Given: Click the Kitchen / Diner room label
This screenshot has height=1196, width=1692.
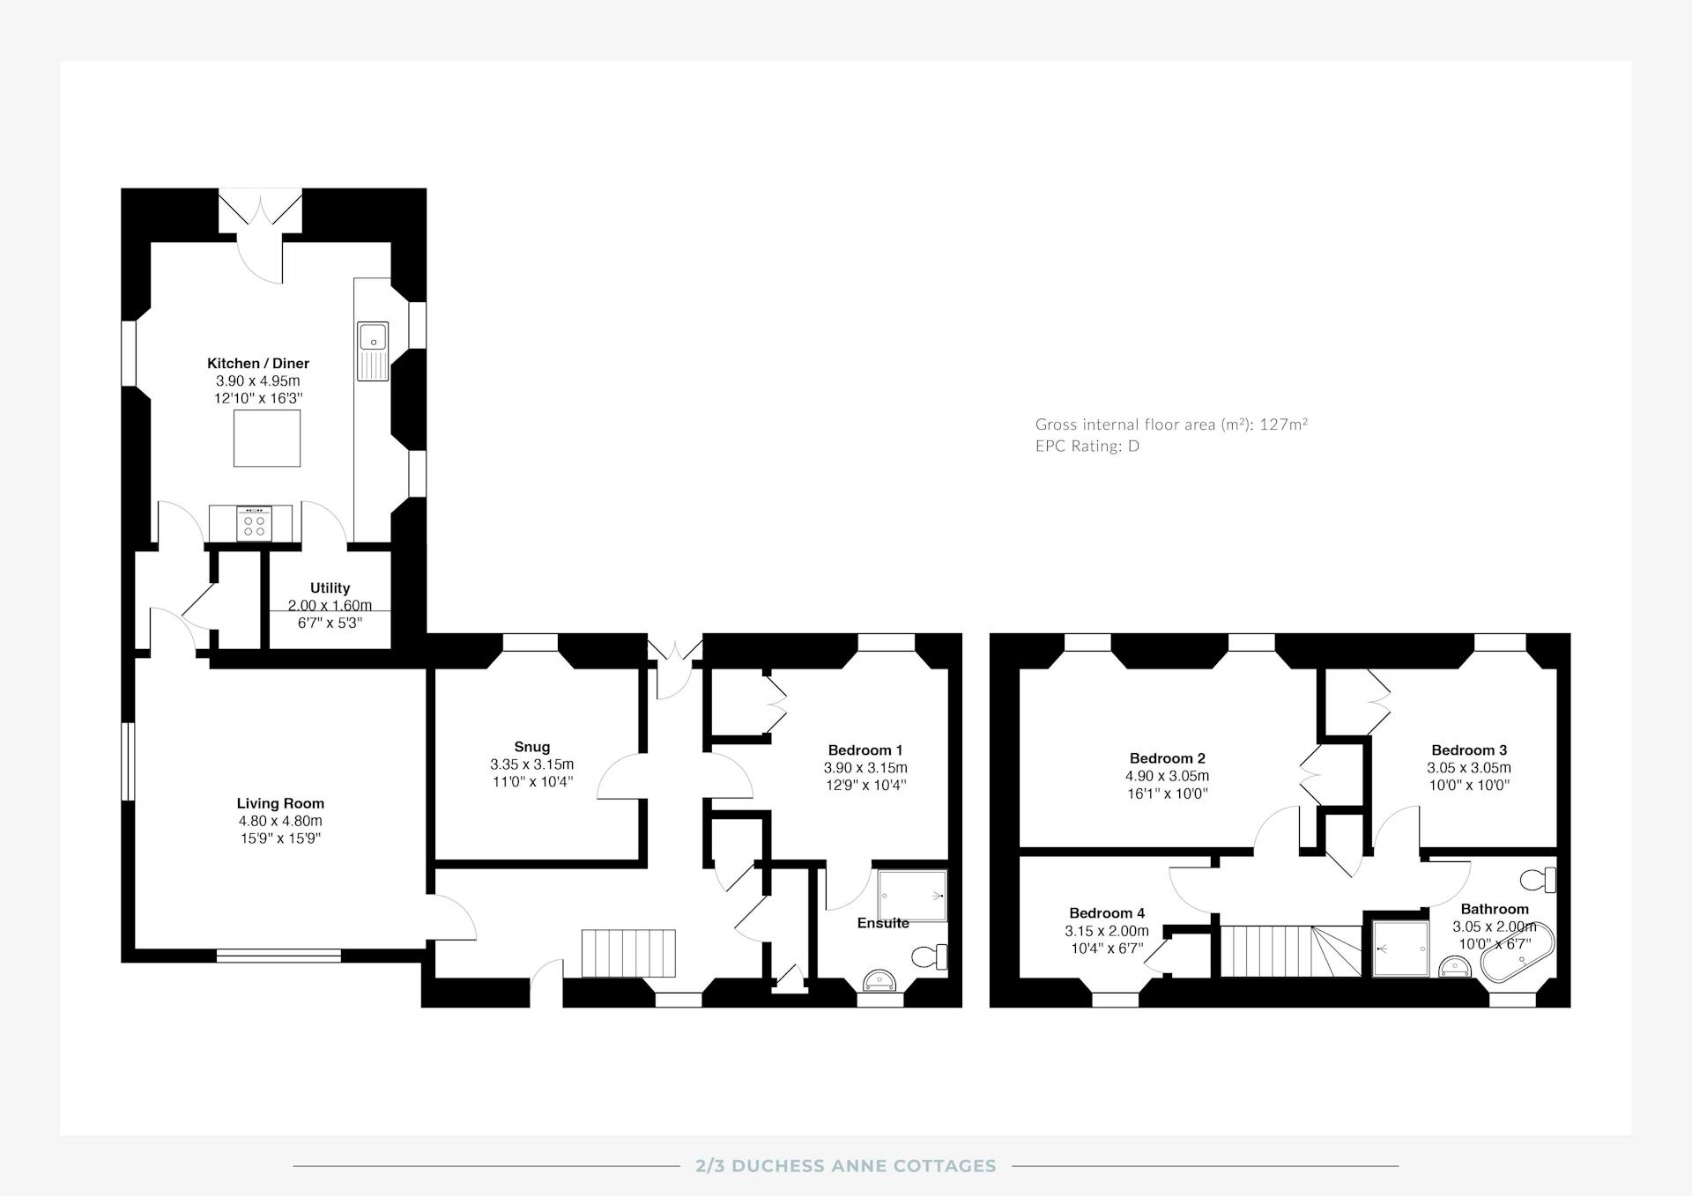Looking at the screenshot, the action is tap(258, 363).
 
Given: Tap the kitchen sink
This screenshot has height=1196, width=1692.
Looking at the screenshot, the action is tap(373, 351).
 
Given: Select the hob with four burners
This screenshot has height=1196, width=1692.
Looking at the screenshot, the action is tap(255, 523).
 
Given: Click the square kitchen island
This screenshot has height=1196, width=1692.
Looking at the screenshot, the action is tap(267, 439).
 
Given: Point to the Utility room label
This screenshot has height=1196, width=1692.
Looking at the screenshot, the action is tap(330, 587).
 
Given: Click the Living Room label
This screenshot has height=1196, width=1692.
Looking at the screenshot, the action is tap(280, 803).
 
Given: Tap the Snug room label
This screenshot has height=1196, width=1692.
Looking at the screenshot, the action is tap(532, 747).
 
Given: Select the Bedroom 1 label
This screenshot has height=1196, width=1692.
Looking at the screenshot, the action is tap(865, 750).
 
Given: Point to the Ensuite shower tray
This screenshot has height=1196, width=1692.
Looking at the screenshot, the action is tap(912, 896).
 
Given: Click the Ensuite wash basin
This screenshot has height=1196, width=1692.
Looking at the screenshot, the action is tap(880, 980).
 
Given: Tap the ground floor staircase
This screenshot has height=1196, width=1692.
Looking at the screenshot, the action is tap(628, 953).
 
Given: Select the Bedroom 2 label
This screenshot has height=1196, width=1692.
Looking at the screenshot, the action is tap(1168, 758).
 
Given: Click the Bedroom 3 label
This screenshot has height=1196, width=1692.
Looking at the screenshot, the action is tap(1469, 750).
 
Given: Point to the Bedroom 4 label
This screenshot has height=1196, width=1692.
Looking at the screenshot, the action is tap(1107, 913).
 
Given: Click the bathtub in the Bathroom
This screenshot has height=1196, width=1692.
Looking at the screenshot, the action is tap(1518, 953).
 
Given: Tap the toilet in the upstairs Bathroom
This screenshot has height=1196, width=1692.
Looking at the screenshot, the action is tap(1539, 880).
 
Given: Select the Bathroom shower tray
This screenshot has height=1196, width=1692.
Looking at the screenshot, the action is tap(1401, 949).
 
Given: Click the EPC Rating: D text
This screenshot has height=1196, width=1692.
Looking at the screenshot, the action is tap(1087, 446).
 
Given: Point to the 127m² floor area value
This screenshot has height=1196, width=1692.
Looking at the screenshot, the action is tap(1283, 424).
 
